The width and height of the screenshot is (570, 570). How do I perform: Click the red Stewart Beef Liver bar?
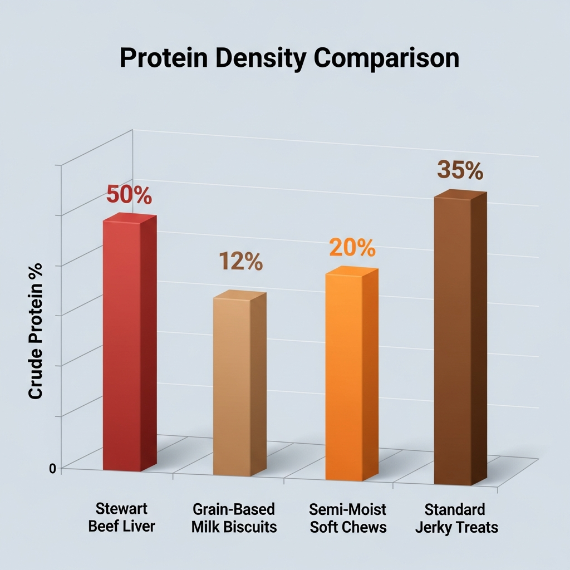(122, 345)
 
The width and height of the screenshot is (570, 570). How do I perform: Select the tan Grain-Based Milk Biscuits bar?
(233, 384)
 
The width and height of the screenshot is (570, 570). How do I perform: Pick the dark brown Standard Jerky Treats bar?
(454, 340)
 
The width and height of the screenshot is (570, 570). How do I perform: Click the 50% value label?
(129, 195)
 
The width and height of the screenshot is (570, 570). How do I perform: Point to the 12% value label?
(240, 262)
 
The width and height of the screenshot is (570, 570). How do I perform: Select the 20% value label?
(352, 248)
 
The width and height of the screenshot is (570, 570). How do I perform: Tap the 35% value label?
(460, 170)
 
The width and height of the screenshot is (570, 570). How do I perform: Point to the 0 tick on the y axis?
(52, 468)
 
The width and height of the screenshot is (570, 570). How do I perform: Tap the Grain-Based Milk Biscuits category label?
(234, 518)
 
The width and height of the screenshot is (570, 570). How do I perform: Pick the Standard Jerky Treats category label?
(456, 518)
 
